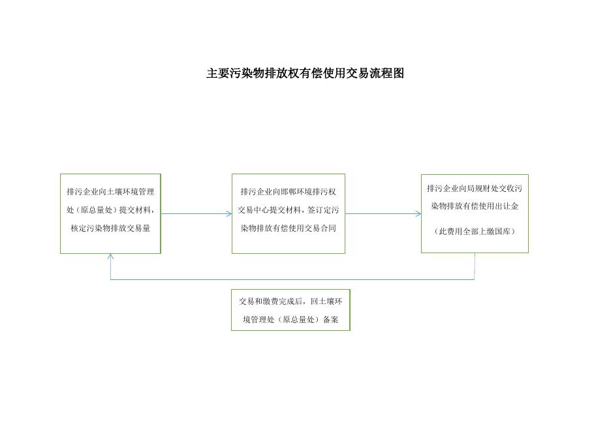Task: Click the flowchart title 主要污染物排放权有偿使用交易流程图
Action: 305,74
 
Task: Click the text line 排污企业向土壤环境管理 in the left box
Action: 110,192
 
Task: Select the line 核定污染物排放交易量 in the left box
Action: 110,229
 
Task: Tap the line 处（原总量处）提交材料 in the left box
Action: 110,210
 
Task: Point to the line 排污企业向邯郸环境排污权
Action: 288,192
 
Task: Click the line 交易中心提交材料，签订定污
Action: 288,210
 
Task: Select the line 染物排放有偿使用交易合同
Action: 288,229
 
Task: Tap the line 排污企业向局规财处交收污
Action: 474,189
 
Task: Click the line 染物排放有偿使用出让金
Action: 474,207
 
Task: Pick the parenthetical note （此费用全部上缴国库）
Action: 474,231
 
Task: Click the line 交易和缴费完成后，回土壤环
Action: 290,301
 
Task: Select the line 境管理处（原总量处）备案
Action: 290,320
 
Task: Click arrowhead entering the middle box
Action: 229,213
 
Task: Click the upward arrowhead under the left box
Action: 110,256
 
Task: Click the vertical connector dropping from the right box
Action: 475,266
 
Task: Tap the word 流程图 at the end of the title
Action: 390,74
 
